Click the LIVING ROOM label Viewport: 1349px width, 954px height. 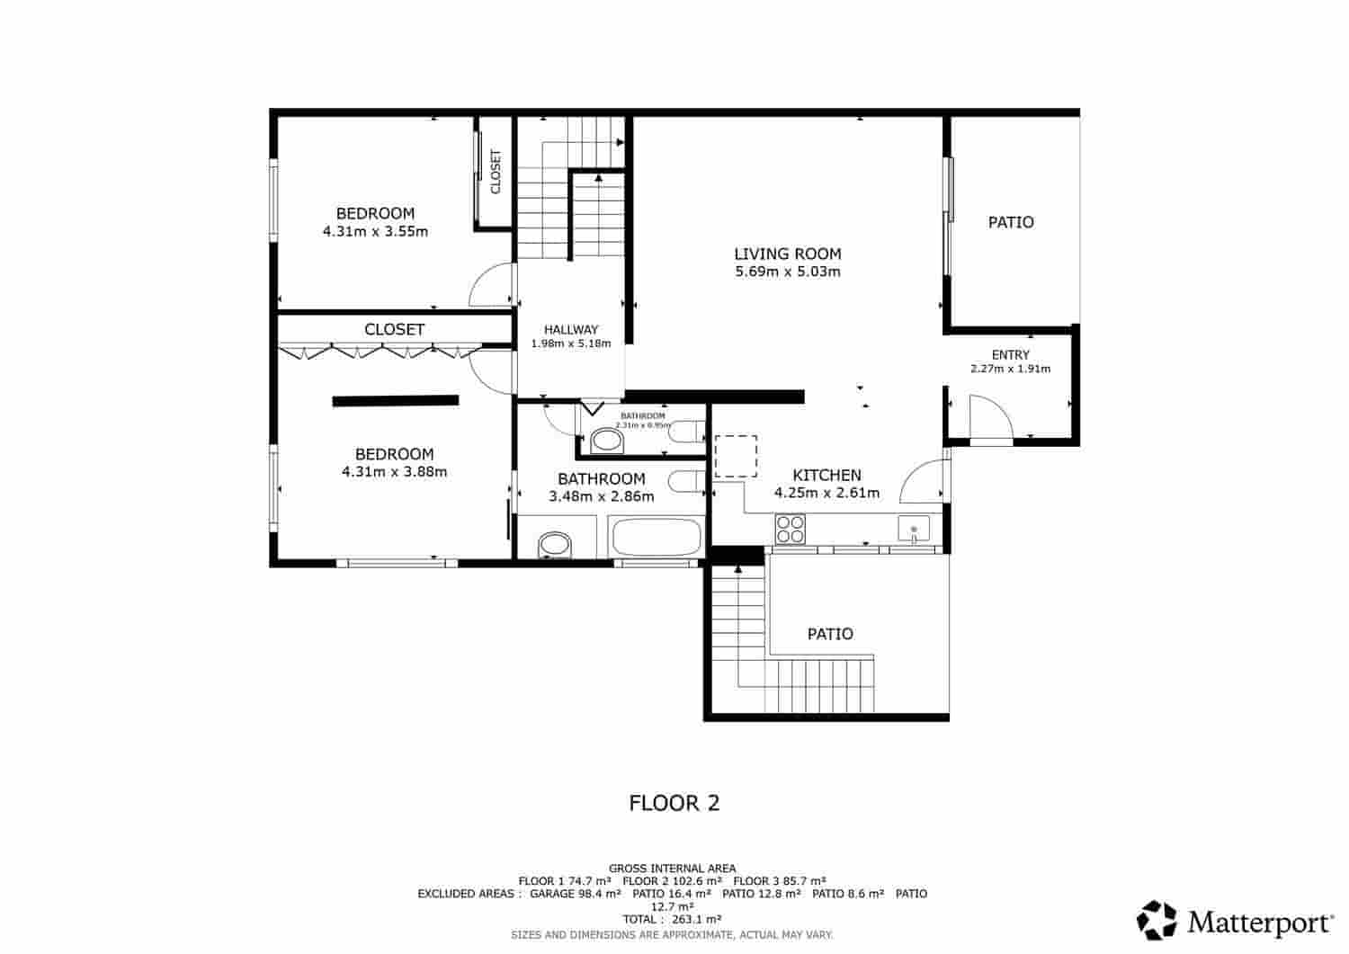[787, 254]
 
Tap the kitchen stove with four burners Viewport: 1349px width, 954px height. [791, 529]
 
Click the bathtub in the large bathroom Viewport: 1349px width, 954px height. [655, 538]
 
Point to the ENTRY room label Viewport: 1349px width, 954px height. [1010, 354]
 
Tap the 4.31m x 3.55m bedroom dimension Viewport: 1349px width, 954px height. [375, 231]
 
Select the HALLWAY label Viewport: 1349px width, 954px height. [570, 329]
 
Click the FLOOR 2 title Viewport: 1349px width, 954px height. [674, 803]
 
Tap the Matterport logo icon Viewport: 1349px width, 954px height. [1157, 920]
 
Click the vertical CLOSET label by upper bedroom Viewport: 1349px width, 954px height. [495, 171]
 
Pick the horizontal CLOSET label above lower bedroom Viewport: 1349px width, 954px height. [394, 329]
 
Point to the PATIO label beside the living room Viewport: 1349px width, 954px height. [1011, 222]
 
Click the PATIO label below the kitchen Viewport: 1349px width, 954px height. [829, 634]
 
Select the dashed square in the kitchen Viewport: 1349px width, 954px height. [736, 456]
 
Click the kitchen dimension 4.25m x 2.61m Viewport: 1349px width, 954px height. [826, 493]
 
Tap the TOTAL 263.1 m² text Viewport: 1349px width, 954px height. [672, 919]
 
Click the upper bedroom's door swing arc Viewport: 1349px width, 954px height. [490, 286]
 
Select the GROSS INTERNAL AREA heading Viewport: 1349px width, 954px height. [672, 868]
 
